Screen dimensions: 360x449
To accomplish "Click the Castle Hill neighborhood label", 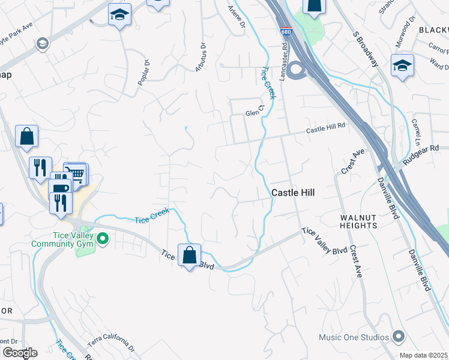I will (x=294, y=193).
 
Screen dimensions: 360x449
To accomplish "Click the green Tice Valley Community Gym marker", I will (x=103, y=240).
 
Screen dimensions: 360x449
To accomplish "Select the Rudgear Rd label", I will (x=421, y=148).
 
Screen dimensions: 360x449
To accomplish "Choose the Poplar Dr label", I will (x=143, y=72).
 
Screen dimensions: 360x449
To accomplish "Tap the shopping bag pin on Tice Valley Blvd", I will (x=189, y=255).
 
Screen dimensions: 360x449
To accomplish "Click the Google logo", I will (x=19, y=353).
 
